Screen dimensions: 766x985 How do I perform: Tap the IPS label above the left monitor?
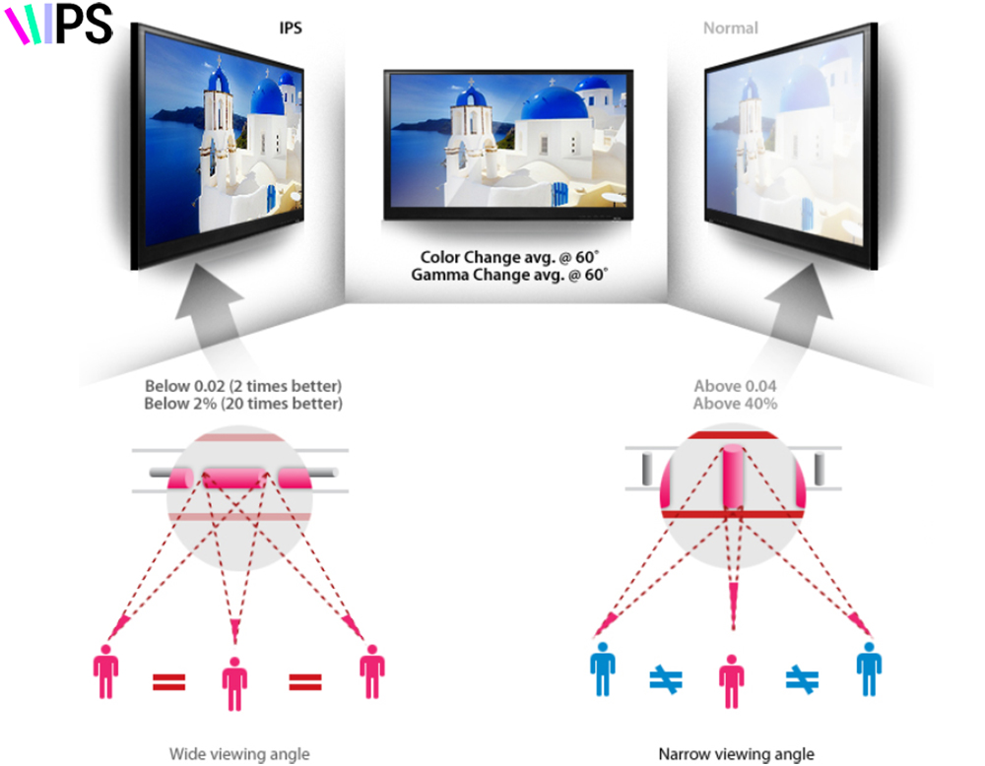[290, 28]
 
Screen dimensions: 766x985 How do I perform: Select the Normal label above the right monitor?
[730, 28]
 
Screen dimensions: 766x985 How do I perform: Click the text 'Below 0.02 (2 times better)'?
[243, 386]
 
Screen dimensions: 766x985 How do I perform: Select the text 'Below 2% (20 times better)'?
[243, 404]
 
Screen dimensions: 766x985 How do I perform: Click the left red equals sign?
[169, 680]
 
